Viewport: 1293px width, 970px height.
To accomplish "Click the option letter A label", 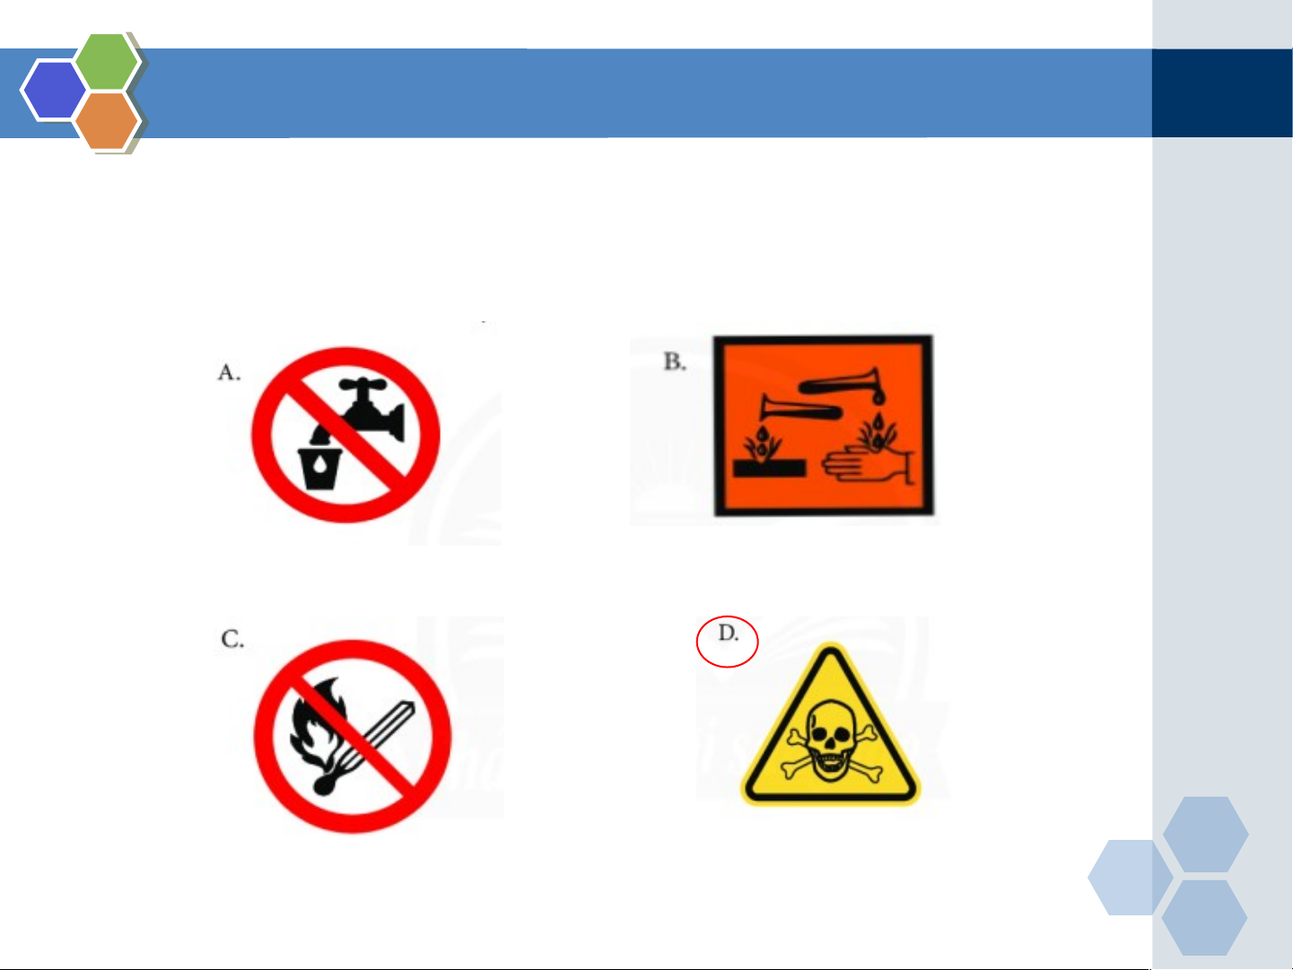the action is point(229,372).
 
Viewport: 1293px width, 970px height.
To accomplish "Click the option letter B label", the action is point(675,361).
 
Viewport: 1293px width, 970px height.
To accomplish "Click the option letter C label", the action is point(232,638).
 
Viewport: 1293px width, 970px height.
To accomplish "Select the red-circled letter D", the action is point(728,634).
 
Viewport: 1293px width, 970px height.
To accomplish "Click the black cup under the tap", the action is point(319,468).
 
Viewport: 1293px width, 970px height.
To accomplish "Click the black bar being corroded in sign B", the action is point(769,468).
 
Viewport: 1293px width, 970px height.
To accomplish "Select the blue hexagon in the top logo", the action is point(54,90).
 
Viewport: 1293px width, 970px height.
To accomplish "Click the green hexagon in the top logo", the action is point(107,61).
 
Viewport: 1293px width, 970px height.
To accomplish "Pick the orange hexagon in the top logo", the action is point(107,121).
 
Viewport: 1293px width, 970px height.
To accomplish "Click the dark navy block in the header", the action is point(1222,93).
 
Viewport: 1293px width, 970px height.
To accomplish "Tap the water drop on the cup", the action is point(319,466).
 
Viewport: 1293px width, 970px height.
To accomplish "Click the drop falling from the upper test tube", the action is point(878,398).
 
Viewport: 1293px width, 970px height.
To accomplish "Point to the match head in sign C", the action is point(323,784).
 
